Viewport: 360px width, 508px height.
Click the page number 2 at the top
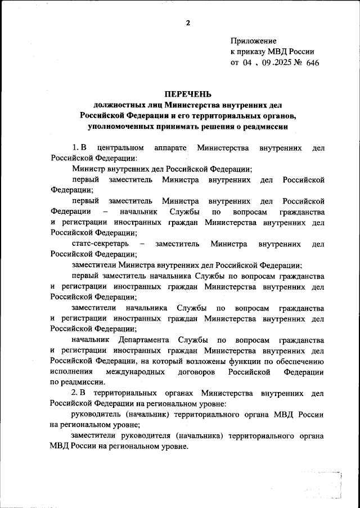pyautogui.click(x=188, y=23)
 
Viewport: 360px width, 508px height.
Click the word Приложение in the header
pyautogui.click(x=254, y=41)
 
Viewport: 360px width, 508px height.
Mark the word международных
pyautogui.click(x=134, y=372)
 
